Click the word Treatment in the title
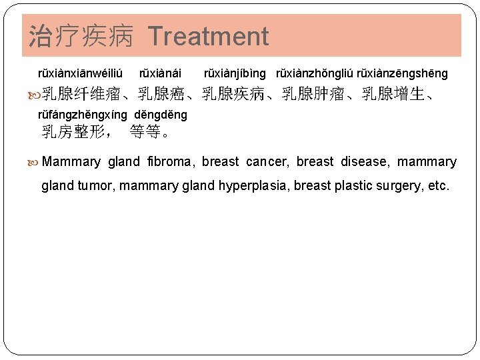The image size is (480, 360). click(208, 37)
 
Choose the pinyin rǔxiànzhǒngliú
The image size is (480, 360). click(315, 73)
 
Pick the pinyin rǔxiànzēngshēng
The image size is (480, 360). click(403, 73)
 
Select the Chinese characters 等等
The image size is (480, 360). click(145, 132)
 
